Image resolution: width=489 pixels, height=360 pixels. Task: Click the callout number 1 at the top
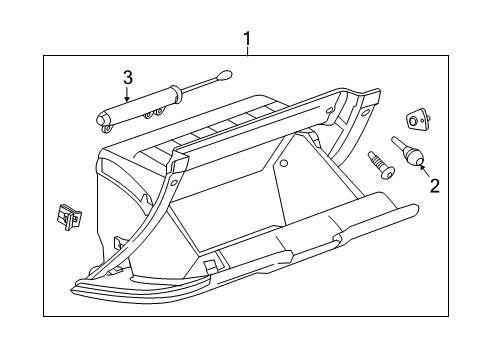[x=245, y=39]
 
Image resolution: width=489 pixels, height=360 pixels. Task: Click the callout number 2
[x=434, y=184]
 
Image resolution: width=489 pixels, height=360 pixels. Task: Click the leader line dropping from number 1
[x=245, y=53]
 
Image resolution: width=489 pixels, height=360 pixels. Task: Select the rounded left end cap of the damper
[x=103, y=120]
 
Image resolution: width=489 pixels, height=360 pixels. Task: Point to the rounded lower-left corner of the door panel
[x=78, y=290]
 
